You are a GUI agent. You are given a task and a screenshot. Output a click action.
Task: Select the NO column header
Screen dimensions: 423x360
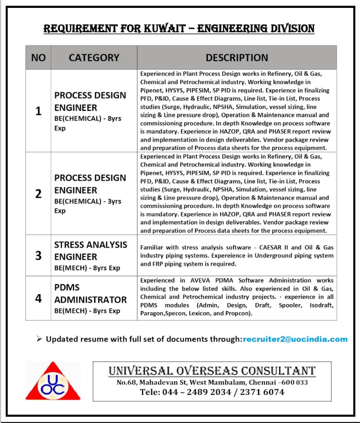tap(38, 58)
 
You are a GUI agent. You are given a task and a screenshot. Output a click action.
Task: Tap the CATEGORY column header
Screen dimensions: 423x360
tap(94, 58)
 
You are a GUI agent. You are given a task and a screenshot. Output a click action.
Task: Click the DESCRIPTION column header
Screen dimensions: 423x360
tap(237, 58)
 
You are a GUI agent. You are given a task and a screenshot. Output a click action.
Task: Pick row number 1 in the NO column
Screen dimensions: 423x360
tap(38, 111)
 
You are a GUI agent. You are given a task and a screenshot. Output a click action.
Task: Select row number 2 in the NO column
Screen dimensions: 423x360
tap(38, 193)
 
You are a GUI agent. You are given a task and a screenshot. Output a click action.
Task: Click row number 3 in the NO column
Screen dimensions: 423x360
tap(38, 256)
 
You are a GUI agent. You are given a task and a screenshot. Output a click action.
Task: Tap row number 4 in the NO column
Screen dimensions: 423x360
tap(38, 298)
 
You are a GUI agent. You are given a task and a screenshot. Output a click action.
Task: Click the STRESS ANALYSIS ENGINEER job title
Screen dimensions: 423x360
tap(90, 250)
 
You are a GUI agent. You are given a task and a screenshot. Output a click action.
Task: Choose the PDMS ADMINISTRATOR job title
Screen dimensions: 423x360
tap(90, 293)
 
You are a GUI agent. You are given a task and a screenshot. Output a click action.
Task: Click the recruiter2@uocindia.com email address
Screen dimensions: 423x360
tap(296, 339)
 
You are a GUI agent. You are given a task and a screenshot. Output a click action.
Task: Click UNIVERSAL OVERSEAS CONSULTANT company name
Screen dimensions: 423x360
tap(212, 370)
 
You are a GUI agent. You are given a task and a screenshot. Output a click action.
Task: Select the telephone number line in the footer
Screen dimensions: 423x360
tap(212, 392)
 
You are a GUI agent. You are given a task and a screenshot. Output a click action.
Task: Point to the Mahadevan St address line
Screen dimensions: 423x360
tap(212, 382)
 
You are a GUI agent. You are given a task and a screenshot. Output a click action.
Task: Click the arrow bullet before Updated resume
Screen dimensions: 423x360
tap(39, 339)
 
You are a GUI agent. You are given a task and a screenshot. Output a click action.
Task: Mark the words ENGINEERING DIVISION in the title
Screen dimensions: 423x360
tap(256, 29)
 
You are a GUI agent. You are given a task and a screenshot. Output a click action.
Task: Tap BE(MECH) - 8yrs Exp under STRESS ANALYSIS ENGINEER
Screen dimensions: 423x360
tap(87, 268)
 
